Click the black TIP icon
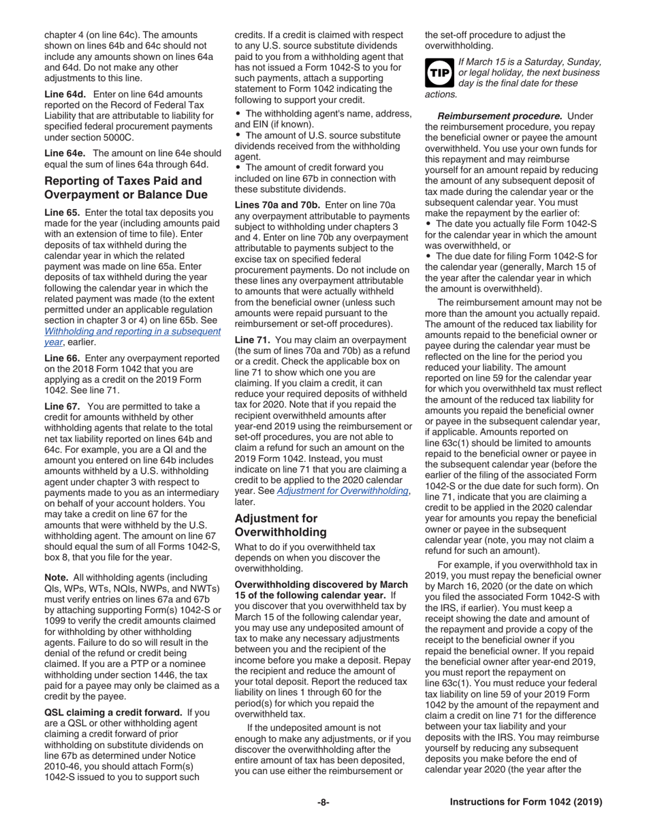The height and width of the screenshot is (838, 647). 438,72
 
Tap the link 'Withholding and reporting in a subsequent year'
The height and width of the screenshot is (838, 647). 132,337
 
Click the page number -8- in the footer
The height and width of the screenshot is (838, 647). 323,802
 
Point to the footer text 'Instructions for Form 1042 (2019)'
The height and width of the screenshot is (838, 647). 526,802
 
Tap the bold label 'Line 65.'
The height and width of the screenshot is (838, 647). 61,212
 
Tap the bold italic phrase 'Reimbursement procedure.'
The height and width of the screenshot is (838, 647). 501,116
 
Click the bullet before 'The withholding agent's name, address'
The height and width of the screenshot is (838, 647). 238,113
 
